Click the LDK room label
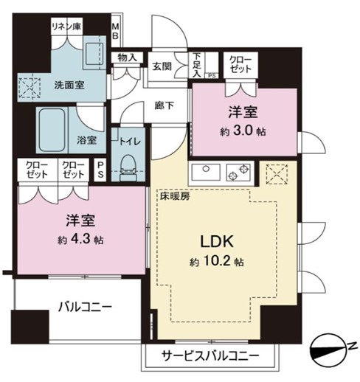[x=217, y=241]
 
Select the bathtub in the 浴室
[x=52, y=130]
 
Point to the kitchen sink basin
[x=206, y=172]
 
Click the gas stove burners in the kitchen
[x=238, y=172]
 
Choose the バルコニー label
[x=85, y=307]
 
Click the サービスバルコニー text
[x=210, y=355]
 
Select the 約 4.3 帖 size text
[x=80, y=240]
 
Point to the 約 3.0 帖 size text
[x=243, y=131]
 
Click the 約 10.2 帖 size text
[x=217, y=262]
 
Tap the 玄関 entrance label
[x=162, y=66]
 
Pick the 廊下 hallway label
[x=165, y=105]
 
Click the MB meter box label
[x=115, y=31]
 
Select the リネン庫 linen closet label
[x=66, y=26]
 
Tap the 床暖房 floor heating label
[x=175, y=196]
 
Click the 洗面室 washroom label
[x=69, y=86]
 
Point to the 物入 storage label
[x=127, y=58]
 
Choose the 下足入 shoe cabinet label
[x=197, y=65]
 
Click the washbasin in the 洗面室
[x=94, y=53]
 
